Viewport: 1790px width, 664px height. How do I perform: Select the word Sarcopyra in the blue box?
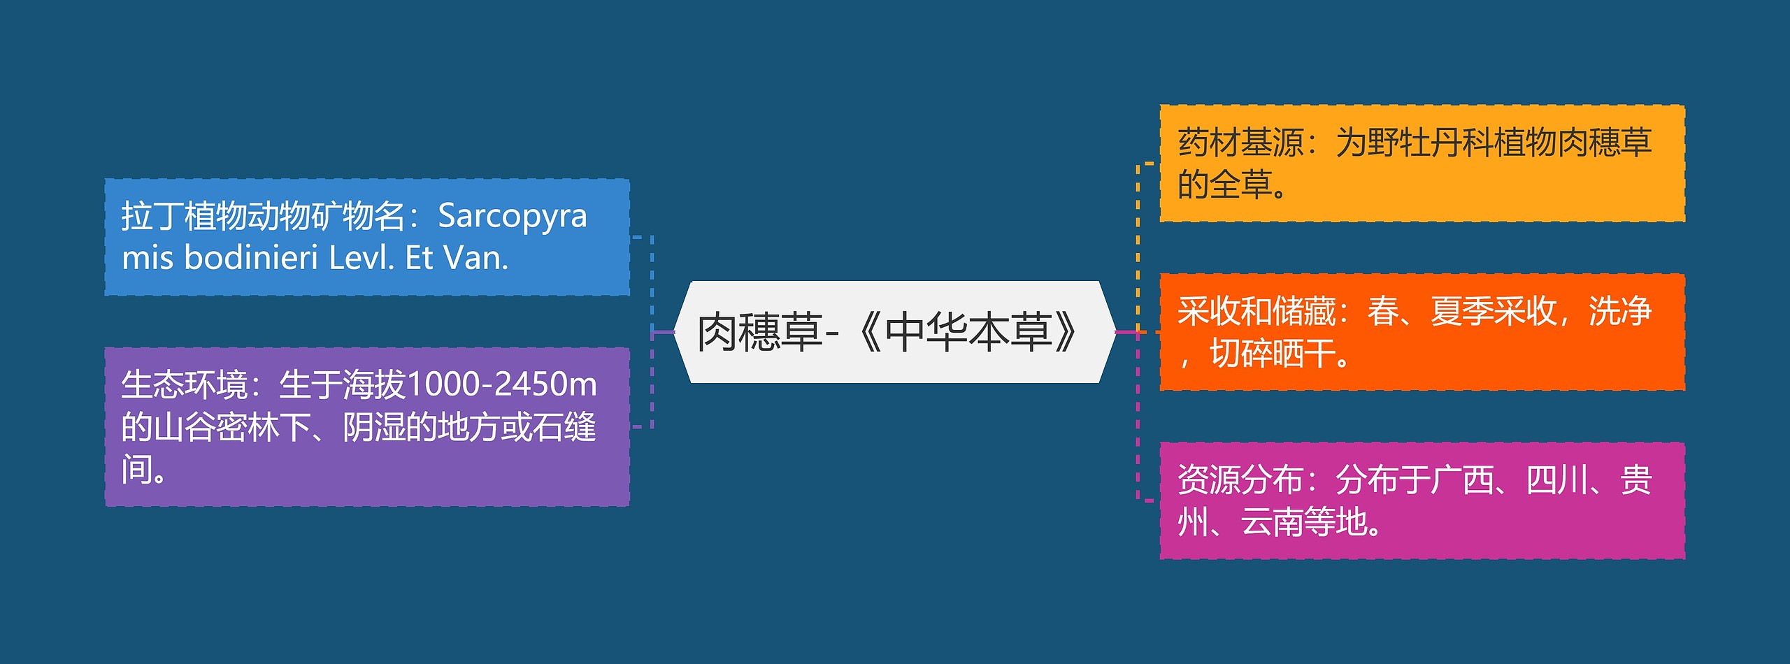(512, 217)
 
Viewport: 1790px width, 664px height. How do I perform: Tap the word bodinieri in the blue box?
(251, 258)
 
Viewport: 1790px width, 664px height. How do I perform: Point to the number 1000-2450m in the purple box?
(501, 384)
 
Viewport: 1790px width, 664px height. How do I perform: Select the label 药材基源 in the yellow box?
(1240, 143)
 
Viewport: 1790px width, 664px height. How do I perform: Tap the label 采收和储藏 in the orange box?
(1256, 312)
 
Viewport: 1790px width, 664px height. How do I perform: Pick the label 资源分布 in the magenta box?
(1240, 480)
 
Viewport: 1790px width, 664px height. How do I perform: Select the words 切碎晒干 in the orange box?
(1272, 354)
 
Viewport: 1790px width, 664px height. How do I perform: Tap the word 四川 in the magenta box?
(1556, 480)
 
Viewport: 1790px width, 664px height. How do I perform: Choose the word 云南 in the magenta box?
(1272, 522)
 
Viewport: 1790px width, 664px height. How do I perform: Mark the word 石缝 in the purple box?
(564, 427)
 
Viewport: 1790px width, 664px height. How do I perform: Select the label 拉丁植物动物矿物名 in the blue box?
(264, 217)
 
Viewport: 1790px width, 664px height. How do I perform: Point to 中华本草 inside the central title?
(968, 332)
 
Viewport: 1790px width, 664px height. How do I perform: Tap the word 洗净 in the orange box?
(1620, 312)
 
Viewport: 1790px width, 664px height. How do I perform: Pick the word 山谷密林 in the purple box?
(217, 427)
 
